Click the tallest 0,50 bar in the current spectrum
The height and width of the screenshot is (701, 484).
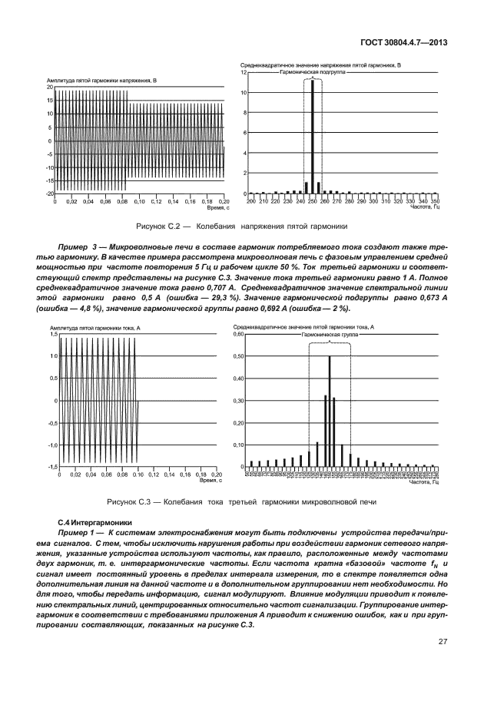tap(330, 411)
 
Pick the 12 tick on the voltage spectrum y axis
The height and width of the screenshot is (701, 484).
tap(244, 73)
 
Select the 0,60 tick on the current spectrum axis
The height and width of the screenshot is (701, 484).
tap(237, 334)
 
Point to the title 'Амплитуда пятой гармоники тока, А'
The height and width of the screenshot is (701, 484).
tap(97, 328)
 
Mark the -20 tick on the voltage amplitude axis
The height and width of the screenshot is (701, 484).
tap(48, 193)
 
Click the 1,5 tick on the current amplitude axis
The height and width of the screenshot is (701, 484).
tap(54, 335)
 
